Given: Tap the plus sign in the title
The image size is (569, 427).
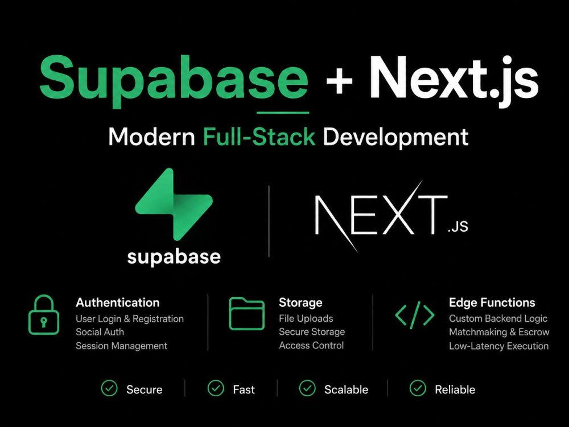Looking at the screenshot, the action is (339, 81).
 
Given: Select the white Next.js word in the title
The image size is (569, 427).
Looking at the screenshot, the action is (454, 81).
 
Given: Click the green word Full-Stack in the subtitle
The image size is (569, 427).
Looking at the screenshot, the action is (259, 137).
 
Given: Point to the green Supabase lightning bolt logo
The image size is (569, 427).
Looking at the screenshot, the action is (174, 204).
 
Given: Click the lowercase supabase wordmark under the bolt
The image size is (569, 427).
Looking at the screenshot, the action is (174, 257).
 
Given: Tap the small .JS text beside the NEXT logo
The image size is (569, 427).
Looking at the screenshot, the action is (458, 226).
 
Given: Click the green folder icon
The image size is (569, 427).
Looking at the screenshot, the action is (247, 314).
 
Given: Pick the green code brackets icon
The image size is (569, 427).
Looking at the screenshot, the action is (415, 315).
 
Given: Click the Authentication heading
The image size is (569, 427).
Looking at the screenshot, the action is (118, 302).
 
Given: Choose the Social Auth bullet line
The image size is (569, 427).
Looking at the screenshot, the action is (100, 332).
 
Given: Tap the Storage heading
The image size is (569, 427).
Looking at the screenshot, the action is (300, 302).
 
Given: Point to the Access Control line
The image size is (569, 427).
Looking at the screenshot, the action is (311, 346).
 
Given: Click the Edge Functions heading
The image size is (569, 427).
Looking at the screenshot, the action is (492, 302).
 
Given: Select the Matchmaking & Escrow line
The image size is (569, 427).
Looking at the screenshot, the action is (500, 332).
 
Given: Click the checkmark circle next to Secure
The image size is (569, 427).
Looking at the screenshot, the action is (109, 388).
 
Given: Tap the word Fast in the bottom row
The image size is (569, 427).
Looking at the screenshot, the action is (244, 389).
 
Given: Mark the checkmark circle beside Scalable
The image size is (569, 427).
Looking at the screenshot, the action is (307, 388).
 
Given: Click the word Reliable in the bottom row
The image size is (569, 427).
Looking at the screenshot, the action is (455, 389).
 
